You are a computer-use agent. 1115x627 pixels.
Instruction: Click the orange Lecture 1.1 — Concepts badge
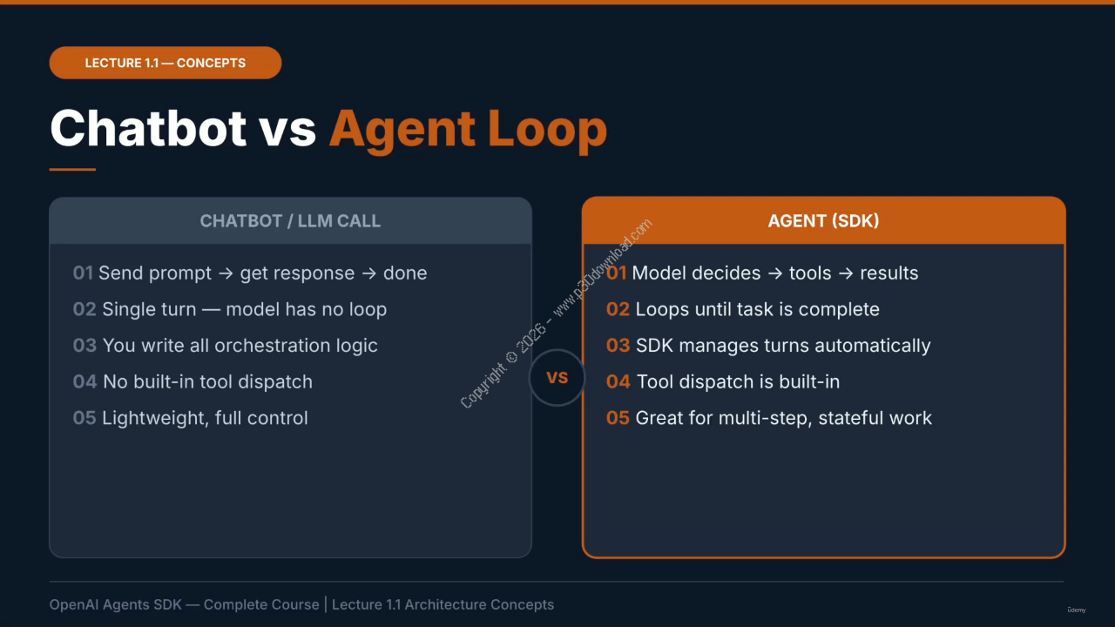(166, 63)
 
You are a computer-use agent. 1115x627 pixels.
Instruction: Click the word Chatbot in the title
(148, 128)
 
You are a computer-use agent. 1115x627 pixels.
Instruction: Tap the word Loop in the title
(547, 131)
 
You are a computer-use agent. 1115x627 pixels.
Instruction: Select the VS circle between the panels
(557, 378)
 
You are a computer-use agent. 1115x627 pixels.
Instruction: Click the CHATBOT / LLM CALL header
(290, 221)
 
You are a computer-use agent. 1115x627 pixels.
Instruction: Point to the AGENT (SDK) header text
(823, 221)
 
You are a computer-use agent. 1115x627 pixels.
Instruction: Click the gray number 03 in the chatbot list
(84, 346)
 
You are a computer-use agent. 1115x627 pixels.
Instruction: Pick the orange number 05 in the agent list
(618, 418)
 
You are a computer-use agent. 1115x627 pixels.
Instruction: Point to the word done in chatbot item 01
(405, 273)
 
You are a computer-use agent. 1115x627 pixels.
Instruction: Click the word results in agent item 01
(889, 273)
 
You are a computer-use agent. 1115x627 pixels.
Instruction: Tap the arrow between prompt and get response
(226, 273)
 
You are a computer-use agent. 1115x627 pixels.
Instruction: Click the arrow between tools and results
(846, 273)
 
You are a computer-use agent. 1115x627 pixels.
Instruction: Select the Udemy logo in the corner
(1077, 610)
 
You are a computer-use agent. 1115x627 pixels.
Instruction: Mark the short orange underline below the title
(72, 169)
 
